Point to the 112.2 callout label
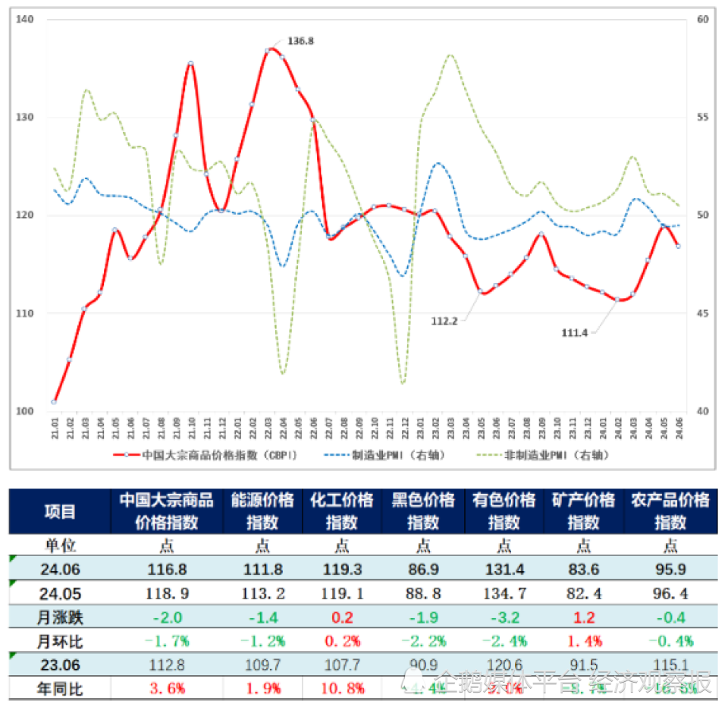(444, 321)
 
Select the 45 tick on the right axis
(702, 313)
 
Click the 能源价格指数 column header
(262, 511)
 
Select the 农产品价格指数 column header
(670, 511)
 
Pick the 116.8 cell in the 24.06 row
(167, 569)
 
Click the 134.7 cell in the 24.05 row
(504, 592)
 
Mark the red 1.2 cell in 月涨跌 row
(584, 617)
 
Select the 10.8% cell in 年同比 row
(342, 689)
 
